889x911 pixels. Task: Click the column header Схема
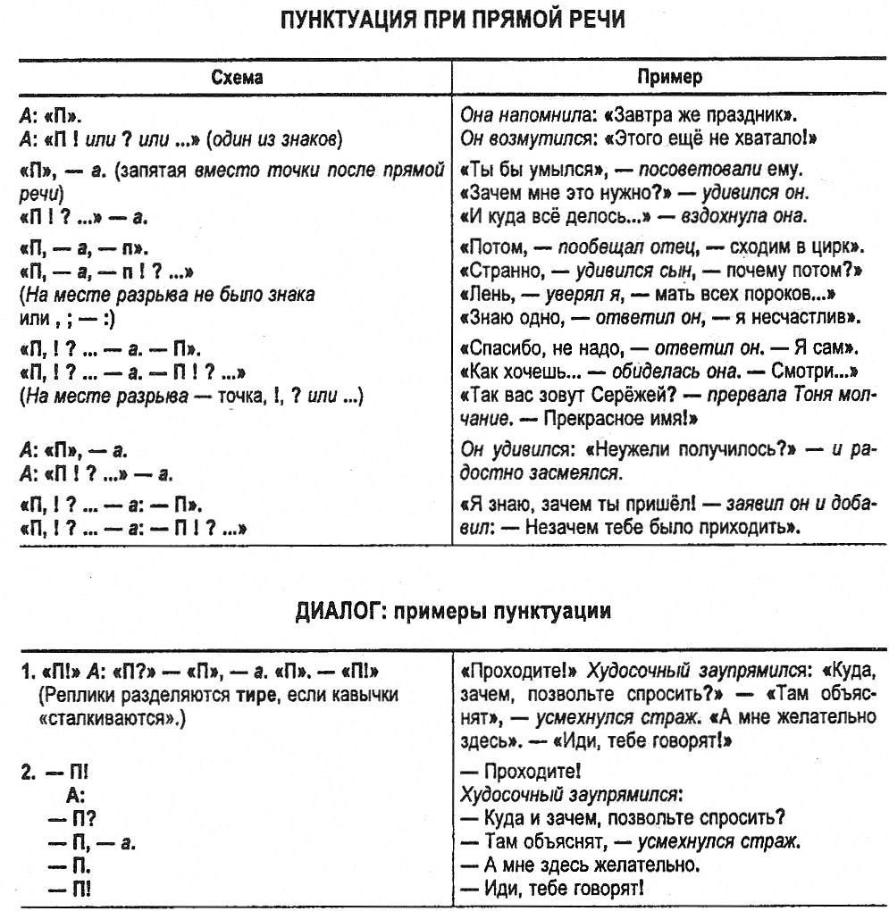click(x=237, y=77)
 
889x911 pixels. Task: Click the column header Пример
click(x=669, y=77)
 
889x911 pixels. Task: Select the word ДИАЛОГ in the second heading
click(x=335, y=611)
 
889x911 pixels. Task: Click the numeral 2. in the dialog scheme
click(x=30, y=771)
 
